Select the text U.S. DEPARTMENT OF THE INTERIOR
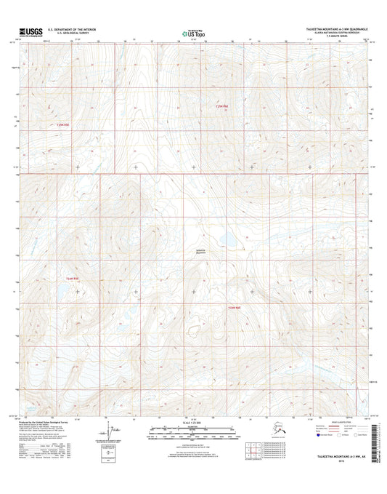point(71,30)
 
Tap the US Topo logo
point(193,32)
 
